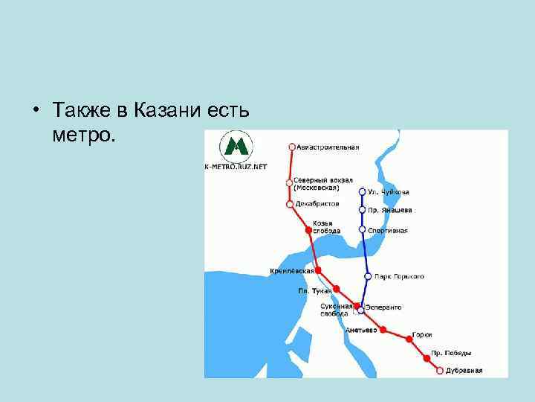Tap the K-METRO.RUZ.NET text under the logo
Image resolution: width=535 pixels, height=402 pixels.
click(x=236, y=167)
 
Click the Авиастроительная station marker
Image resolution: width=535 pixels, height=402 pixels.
click(x=292, y=147)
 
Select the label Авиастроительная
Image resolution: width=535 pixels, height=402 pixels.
click(x=328, y=147)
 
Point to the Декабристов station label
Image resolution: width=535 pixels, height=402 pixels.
click(x=317, y=203)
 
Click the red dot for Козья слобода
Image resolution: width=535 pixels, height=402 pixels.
click(x=309, y=231)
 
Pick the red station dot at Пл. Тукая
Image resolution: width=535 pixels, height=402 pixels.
click(x=336, y=289)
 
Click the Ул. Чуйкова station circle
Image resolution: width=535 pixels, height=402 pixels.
click(x=362, y=191)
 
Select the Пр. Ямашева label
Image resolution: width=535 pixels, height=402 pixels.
click(x=389, y=210)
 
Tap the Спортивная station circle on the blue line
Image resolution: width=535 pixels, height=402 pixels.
click(x=362, y=230)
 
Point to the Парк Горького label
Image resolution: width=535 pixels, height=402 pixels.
click(x=399, y=276)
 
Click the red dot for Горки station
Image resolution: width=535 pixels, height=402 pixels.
click(x=409, y=339)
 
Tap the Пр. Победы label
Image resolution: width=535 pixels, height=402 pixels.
click(x=451, y=353)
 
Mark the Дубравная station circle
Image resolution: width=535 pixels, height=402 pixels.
click(x=440, y=370)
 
